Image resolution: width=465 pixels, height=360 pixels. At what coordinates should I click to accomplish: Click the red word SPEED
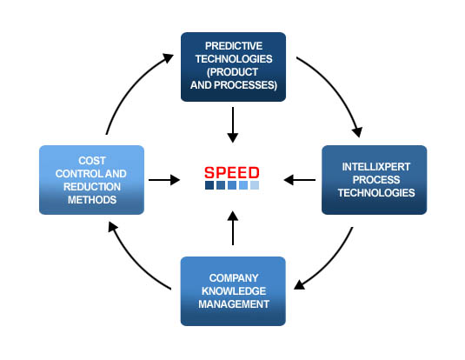(231, 172)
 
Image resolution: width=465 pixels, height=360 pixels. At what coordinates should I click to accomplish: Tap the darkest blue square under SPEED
(209, 185)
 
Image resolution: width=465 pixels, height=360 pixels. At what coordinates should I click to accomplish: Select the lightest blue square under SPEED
(255, 185)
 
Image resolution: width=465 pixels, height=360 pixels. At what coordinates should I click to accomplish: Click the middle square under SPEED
(232, 185)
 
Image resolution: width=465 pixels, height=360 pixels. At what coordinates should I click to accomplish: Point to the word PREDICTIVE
(234, 46)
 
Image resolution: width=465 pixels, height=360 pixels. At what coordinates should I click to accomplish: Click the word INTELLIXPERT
(376, 167)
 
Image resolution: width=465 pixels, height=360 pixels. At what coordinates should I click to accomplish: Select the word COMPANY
(234, 278)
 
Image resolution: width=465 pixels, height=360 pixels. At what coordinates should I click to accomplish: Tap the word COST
(92, 161)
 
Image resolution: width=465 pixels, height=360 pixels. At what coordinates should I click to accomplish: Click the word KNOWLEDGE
(234, 291)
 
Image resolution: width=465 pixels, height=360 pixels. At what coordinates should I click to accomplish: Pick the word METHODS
(92, 200)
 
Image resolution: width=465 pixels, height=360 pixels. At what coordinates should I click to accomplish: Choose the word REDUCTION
(92, 187)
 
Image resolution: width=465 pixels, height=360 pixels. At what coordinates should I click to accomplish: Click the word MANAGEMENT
(234, 304)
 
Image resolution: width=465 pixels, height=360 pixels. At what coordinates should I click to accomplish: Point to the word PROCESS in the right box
(376, 180)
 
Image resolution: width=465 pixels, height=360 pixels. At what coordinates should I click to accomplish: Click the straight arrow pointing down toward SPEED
(233, 124)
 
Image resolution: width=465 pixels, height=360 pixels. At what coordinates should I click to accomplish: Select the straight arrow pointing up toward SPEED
(233, 228)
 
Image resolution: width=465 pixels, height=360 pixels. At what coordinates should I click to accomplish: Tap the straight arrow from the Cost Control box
(164, 180)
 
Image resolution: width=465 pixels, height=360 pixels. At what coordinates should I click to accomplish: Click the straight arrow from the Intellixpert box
(300, 180)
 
